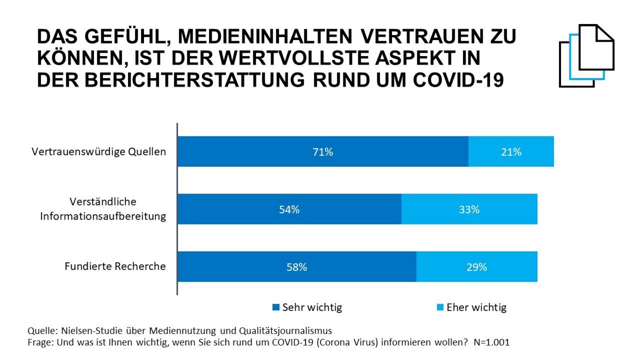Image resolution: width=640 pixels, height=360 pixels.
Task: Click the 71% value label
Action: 322,152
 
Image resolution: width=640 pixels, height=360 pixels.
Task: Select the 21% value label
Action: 511,152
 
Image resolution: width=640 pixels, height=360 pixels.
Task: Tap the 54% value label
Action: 289,209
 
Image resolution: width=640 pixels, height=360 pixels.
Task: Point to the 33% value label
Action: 469,209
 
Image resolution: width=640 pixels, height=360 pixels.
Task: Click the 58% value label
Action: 296,267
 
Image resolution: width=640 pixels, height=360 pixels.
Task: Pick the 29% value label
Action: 476,267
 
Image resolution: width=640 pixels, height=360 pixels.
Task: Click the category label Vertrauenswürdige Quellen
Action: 98,151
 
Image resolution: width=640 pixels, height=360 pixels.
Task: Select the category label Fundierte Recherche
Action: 115,266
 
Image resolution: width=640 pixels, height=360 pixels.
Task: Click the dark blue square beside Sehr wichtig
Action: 275,307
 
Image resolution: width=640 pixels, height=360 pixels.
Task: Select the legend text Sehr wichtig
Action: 312,307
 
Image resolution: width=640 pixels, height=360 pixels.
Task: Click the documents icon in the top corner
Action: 586,55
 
